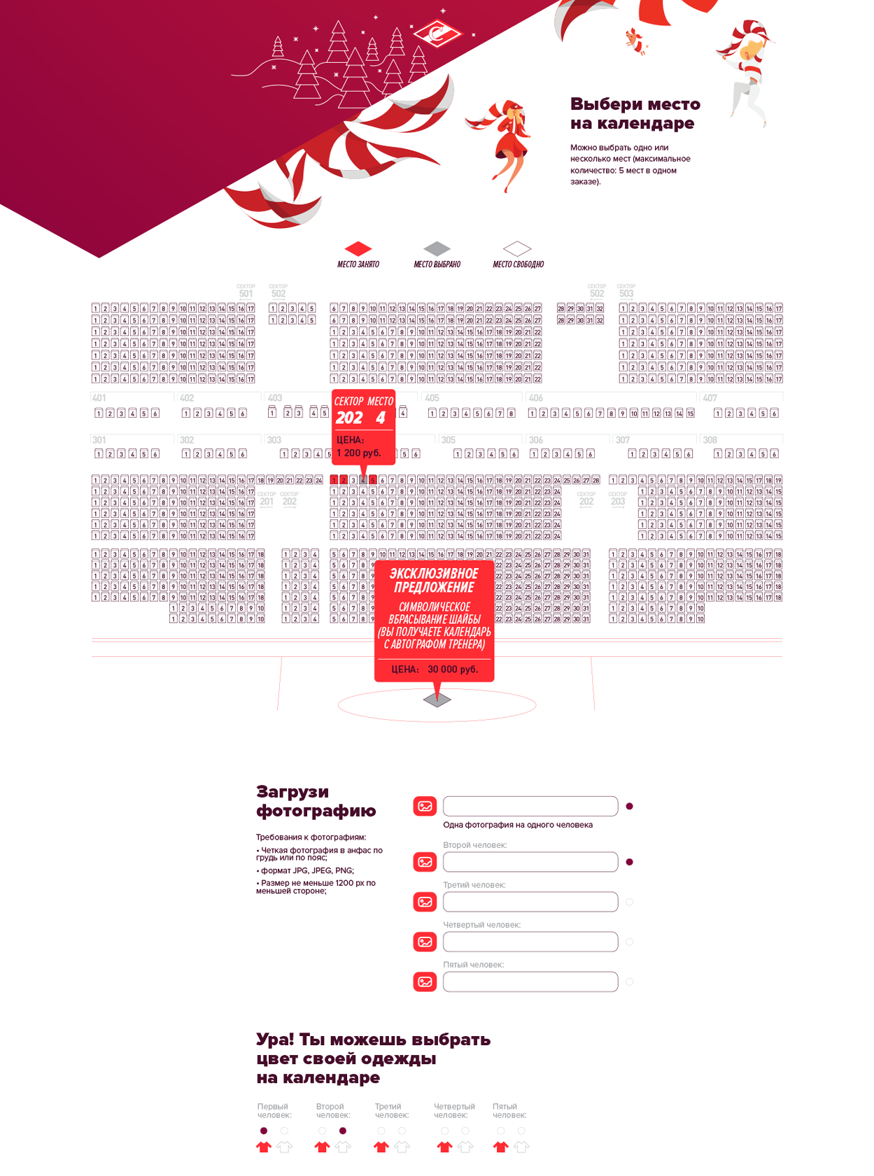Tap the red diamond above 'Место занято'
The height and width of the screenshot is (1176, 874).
tap(358, 248)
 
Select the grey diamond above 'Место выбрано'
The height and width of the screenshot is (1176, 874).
tap(437, 248)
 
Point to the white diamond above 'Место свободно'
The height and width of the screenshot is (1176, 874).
tap(517, 248)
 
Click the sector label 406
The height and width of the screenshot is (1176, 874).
tap(536, 398)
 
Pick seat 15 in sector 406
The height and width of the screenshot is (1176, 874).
tap(690, 413)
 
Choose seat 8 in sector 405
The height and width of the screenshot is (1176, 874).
tap(511, 413)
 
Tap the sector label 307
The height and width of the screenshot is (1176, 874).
tap(623, 440)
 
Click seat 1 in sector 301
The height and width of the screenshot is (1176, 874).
tap(99, 454)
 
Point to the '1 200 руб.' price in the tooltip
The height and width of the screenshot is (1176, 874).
tap(359, 453)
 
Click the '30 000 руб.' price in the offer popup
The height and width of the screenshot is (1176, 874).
tap(453, 670)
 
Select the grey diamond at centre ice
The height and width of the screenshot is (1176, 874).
tap(437, 700)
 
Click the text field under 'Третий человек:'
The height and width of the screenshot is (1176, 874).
tap(530, 902)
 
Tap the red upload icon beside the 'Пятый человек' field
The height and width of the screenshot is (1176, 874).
tap(425, 982)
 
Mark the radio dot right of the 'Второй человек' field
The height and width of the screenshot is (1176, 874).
tap(629, 862)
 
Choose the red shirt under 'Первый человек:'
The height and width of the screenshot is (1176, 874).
tap(263, 1147)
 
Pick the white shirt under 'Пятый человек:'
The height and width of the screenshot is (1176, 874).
tap(521, 1147)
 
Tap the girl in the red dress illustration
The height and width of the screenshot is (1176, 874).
tap(509, 143)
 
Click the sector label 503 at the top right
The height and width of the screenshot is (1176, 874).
tap(626, 293)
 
